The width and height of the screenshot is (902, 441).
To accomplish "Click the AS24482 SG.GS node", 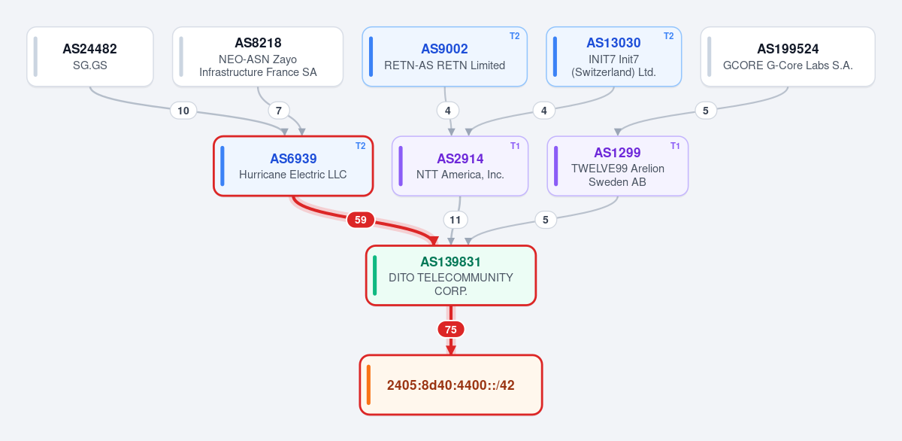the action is click(90, 56).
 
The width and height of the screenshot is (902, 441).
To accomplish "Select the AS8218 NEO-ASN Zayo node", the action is click(258, 56).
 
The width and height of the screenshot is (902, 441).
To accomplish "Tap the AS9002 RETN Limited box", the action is click(444, 56).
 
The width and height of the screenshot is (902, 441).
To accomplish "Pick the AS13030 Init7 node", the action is click(613, 56).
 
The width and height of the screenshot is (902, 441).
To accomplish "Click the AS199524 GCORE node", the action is click(788, 56).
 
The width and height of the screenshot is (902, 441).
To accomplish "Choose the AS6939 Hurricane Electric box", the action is click(293, 166).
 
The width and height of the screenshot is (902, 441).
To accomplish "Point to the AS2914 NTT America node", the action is click(460, 166).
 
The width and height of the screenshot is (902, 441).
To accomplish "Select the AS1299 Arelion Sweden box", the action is click(618, 166).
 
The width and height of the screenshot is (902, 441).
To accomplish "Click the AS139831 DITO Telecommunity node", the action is click(451, 275).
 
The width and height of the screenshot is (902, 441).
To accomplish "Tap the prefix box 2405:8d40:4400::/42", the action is click(451, 385).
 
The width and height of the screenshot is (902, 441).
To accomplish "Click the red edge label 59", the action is click(360, 220).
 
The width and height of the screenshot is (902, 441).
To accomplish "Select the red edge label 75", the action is click(451, 330).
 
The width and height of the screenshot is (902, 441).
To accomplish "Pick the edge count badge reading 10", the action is click(183, 111).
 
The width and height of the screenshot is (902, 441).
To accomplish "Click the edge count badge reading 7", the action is click(279, 111).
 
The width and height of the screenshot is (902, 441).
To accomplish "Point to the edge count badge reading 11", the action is click(455, 220).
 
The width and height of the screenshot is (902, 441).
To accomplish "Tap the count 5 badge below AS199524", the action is click(706, 111).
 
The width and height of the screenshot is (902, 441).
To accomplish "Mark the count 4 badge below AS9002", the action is click(447, 111).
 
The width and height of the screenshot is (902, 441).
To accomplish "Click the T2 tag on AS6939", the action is click(360, 146).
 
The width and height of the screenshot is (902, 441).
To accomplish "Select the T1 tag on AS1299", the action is click(675, 146).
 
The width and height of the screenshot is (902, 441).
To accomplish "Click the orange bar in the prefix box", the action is click(368, 385).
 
